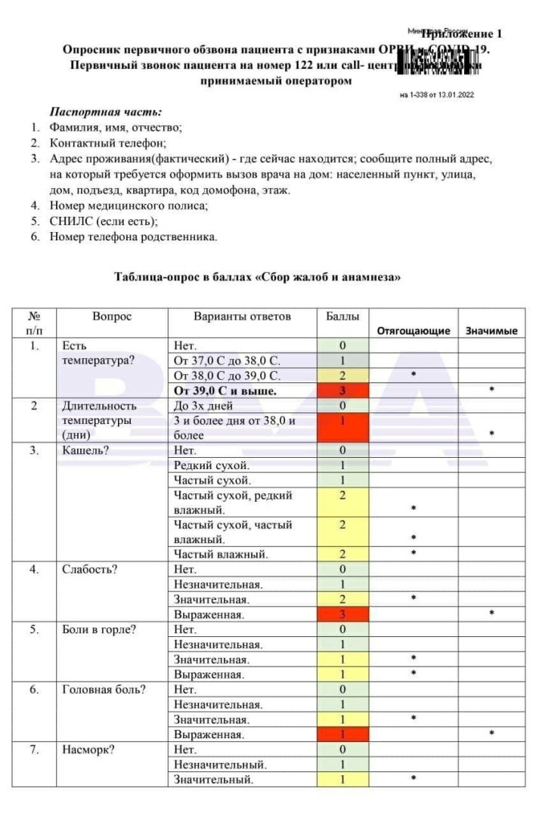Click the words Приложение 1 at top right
tap(462, 34)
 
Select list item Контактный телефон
tap(107, 142)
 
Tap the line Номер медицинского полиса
tap(129, 205)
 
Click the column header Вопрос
tap(112, 317)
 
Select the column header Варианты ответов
tap(242, 317)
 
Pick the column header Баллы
tap(342, 317)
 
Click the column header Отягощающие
tap(413, 330)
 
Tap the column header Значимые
tap(491, 330)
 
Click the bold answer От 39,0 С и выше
tap(225, 391)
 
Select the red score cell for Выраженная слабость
tap(342, 614)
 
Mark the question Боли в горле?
tap(99, 629)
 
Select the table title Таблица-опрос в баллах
tap(257, 277)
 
